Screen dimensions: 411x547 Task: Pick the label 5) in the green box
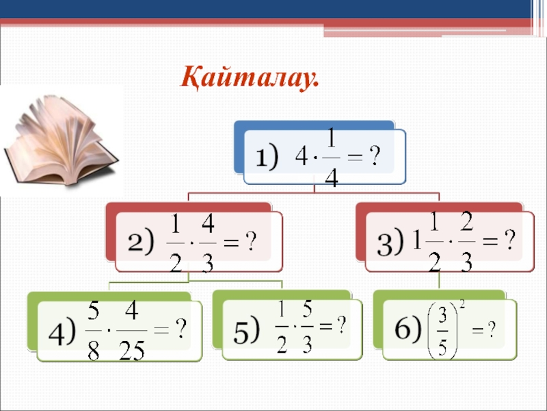tap(247, 330)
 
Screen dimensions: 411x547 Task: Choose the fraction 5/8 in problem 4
tap(94, 332)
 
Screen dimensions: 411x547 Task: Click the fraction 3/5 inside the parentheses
tap(444, 329)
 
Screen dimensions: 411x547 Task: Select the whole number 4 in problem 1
tap(300, 159)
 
